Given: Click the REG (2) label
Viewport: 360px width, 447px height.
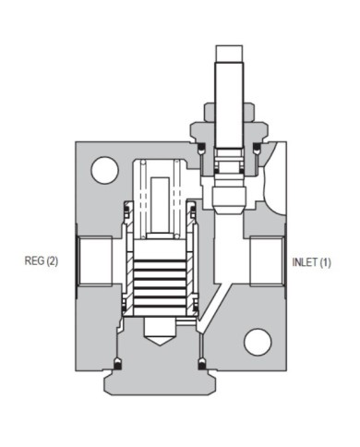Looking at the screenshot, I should tap(41, 261).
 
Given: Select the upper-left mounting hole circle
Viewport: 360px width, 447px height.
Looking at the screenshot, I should tap(104, 170).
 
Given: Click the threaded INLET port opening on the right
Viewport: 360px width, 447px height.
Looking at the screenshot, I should tap(266, 262).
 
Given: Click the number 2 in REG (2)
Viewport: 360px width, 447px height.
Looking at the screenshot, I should tap(50, 261).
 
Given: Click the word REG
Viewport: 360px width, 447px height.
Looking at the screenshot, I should tap(33, 261).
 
